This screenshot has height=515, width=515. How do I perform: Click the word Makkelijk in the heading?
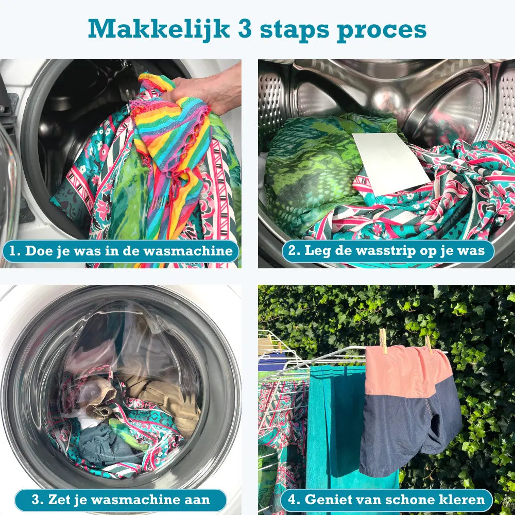pos(159,29)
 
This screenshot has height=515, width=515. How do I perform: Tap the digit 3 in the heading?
pos(246,29)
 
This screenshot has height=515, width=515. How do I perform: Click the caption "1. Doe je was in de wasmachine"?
pos(121,251)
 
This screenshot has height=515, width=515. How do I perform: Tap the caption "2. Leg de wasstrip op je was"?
pos(387,251)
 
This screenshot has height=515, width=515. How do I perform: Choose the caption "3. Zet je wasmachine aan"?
pos(121,500)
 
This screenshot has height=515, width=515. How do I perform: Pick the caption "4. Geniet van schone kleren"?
pos(387,500)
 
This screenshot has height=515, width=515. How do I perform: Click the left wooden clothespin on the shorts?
pos(383,341)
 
